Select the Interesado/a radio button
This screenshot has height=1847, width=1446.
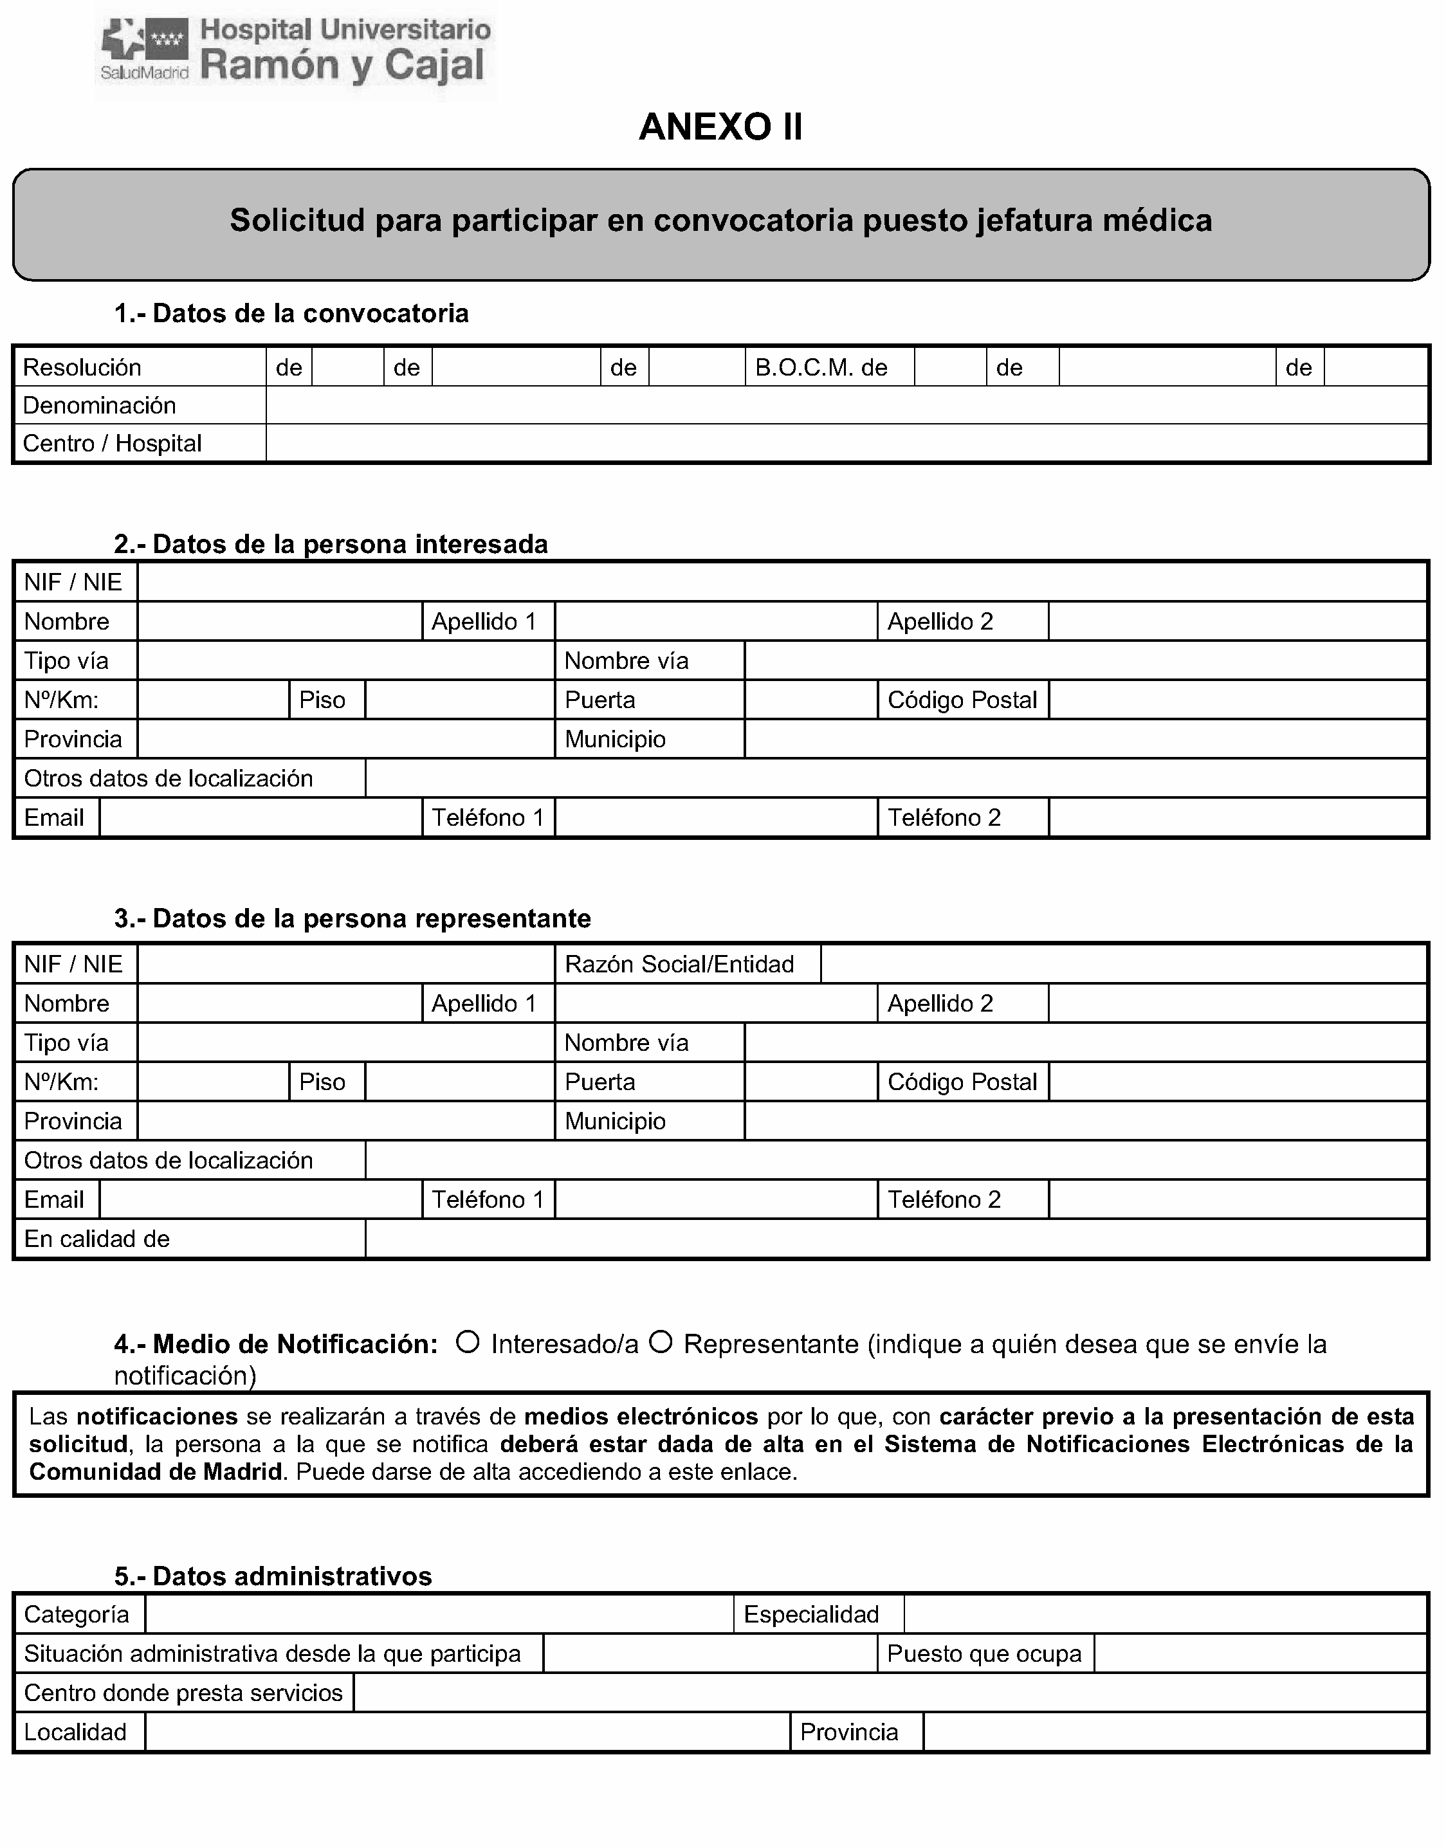(x=468, y=1342)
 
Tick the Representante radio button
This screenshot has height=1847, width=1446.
(x=661, y=1342)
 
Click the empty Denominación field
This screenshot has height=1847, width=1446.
(x=847, y=405)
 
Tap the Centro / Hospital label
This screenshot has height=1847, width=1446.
(x=112, y=444)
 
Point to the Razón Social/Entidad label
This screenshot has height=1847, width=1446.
(x=679, y=964)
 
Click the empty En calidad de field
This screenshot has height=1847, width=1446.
(x=895, y=1239)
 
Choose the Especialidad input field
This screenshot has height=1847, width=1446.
(x=1165, y=1614)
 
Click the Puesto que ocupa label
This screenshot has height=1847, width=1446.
(x=984, y=1653)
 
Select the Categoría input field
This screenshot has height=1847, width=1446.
(x=439, y=1614)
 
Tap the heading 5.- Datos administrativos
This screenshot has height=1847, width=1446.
(x=273, y=1576)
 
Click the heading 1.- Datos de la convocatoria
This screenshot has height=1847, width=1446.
(x=291, y=313)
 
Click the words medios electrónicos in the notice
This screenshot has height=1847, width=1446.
(x=641, y=1416)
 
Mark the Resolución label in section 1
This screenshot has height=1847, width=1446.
(x=82, y=367)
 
